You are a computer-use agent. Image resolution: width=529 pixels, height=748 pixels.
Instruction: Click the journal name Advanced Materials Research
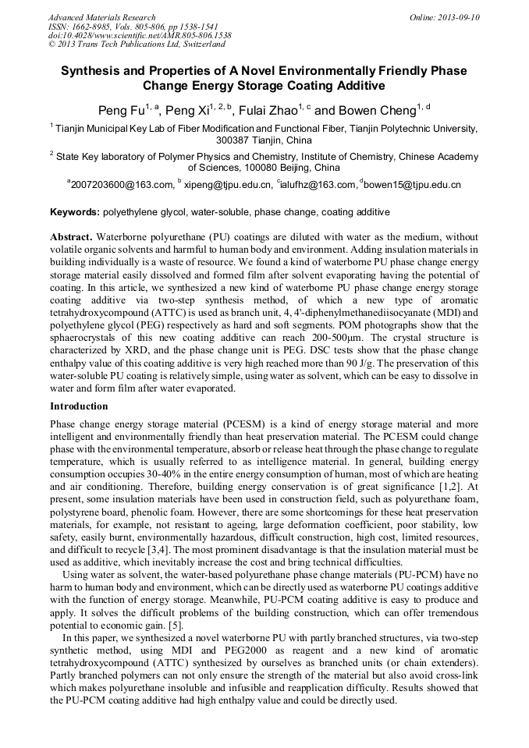click(101, 17)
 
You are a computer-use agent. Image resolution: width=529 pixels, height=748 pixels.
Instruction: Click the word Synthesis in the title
click(92, 71)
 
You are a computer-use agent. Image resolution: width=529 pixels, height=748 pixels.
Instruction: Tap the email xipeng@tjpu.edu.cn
click(228, 185)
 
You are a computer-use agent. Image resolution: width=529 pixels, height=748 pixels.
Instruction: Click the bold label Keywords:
click(74, 212)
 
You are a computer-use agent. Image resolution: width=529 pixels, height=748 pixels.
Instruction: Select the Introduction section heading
click(79, 406)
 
